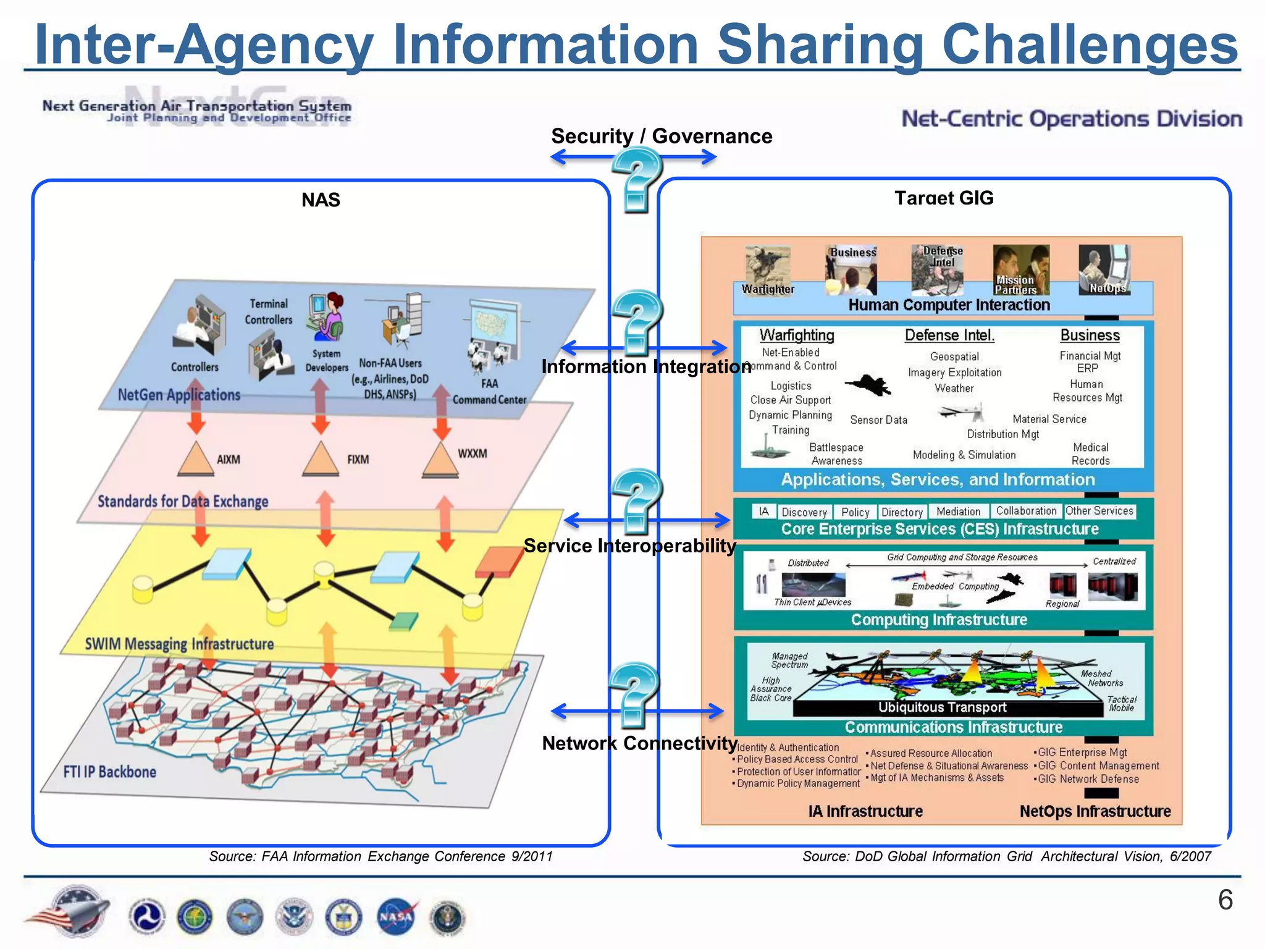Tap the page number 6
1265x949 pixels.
tap(1225, 900)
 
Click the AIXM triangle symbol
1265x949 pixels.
tap(196, 460)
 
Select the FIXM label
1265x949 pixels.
tap(358, 460)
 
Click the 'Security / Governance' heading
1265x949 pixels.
tap(662, 136)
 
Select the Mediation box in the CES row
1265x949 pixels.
tap(958, 512)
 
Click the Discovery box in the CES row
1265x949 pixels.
tap(804, 512)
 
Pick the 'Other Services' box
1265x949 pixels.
tap(1099, 511)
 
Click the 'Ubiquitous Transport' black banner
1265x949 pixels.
tap(943, 707)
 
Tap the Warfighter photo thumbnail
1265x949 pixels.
tap(767, 271)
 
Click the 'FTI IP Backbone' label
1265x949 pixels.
tap(110, 772)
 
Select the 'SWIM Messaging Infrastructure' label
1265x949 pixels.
tap(179, 644)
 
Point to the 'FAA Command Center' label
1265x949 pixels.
tap(489, 392)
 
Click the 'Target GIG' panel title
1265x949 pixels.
tap(944, 198)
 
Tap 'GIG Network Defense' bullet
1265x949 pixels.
tap(1088, 779)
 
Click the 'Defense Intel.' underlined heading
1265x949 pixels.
tap(949, 335)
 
